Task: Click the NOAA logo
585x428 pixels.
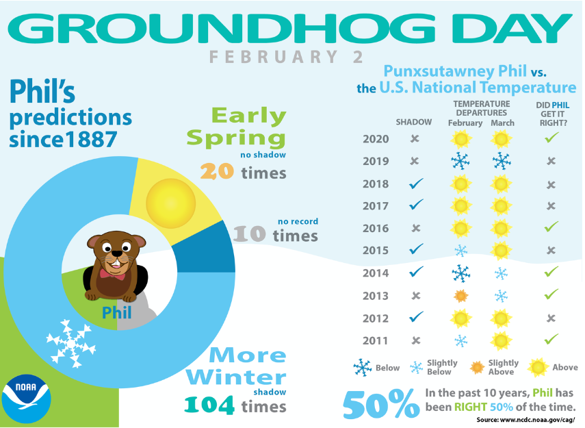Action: [x=26, y=399]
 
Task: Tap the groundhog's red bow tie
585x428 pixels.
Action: [x=112, y=275]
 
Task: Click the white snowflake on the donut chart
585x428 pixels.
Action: [x=71, y=343]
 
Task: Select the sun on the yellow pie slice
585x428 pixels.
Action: [x=170, y=203]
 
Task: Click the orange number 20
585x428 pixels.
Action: [x=217, y=171]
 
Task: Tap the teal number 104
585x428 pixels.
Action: [x=209, y=405]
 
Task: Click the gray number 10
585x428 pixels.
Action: [x=249, y=234]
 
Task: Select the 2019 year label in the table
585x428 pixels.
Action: [x=376, y=162]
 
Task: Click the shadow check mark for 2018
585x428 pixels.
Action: [x=416, y=184]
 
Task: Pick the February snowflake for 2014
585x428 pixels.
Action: [x=461, y=273]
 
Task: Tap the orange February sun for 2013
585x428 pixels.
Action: [x=461, y=296]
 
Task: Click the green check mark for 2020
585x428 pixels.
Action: [x=551, y=138]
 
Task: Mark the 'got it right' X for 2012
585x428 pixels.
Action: [x=551, y=318]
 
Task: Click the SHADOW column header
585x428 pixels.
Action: [x=414, y=122]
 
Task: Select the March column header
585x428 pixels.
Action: [x=502, y=123]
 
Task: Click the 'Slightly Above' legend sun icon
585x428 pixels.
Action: [x=477, y=368]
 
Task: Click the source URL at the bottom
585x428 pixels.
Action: [x=525, y=420]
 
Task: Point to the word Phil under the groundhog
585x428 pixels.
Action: [x=117, y=312]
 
